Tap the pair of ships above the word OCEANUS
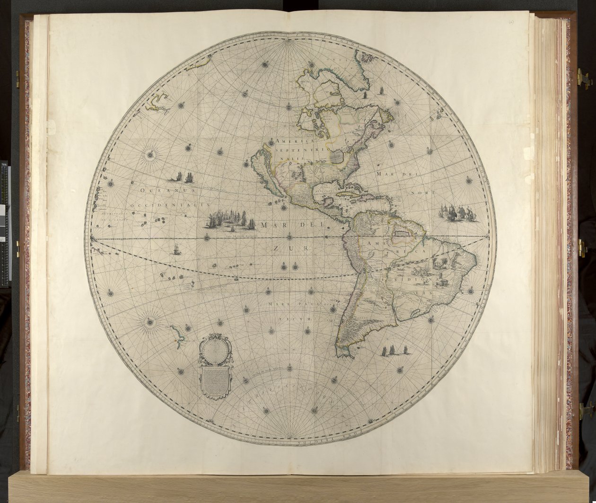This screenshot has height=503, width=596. (184, 177)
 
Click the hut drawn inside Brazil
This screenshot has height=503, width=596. (443, 282)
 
